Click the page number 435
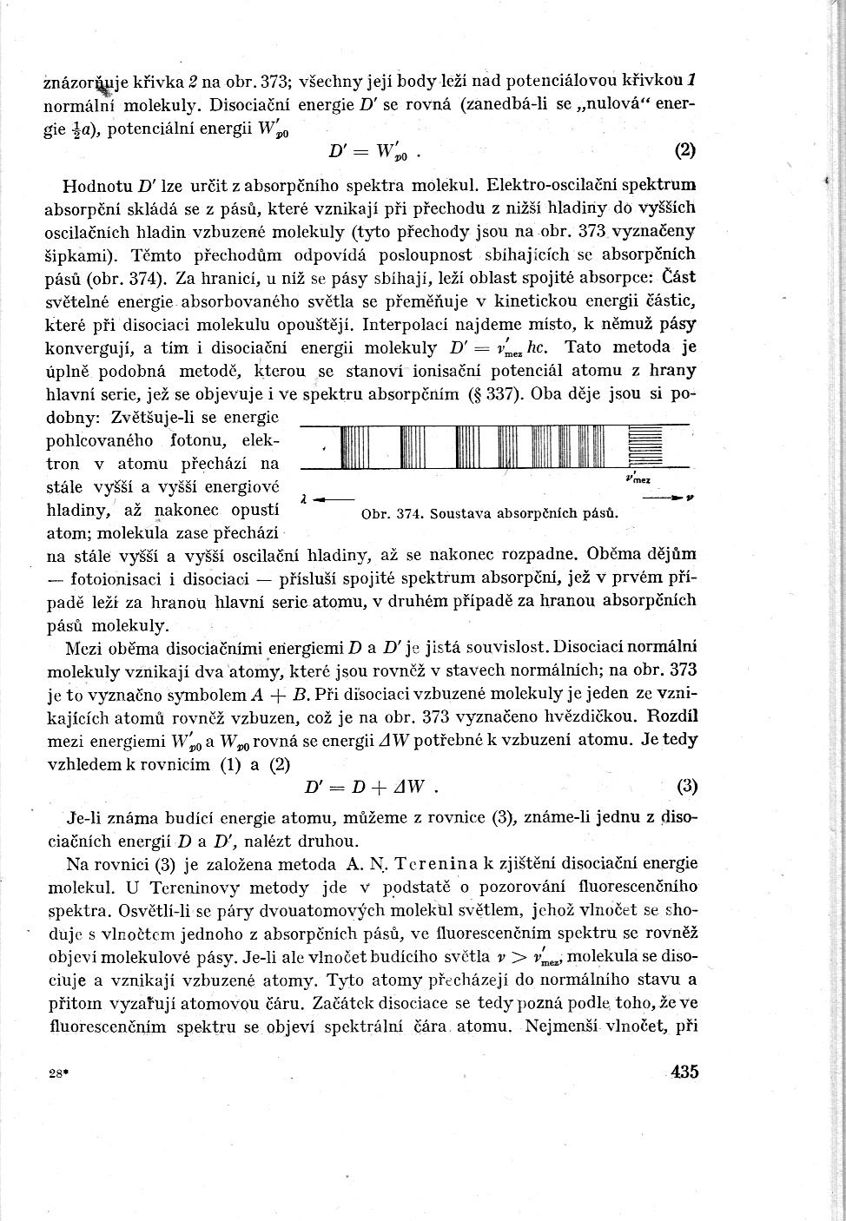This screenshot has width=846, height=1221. click(684, 1072)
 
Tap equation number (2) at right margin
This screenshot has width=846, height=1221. click(685, 150)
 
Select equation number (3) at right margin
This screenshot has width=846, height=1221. click(687, 787)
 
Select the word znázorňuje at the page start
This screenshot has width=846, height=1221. click(85, 83)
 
